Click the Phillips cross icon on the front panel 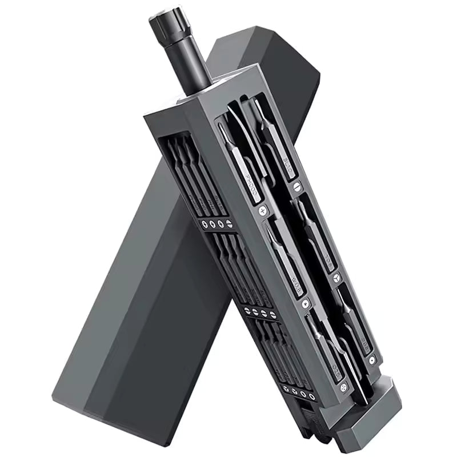tap(263, 211)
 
